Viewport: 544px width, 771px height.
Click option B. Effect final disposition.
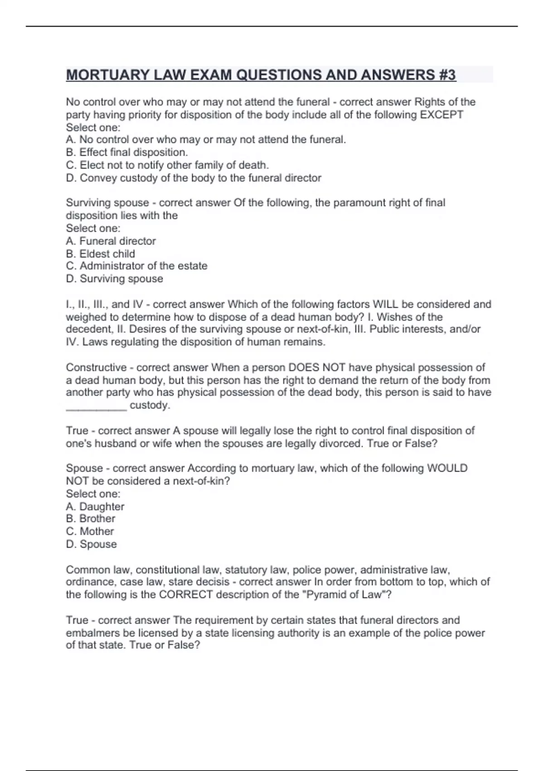[127, 152]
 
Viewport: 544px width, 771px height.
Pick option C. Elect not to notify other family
[167, 165]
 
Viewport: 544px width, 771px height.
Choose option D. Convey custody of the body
[194, 178]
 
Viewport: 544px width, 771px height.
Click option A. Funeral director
[111, 241]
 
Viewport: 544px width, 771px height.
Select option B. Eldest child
[100, 254]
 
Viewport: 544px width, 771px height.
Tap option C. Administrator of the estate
[136, 266]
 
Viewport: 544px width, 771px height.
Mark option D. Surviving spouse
[114, 278]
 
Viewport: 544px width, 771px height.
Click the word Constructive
[96, 367]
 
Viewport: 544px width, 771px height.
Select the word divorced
[342, 443]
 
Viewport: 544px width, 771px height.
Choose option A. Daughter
[95, 507]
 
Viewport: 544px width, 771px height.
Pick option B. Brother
[91, 518]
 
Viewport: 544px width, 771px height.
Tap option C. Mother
[90, 531]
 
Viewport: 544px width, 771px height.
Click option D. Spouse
[91, 544]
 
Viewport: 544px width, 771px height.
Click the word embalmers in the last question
[88, 633]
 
